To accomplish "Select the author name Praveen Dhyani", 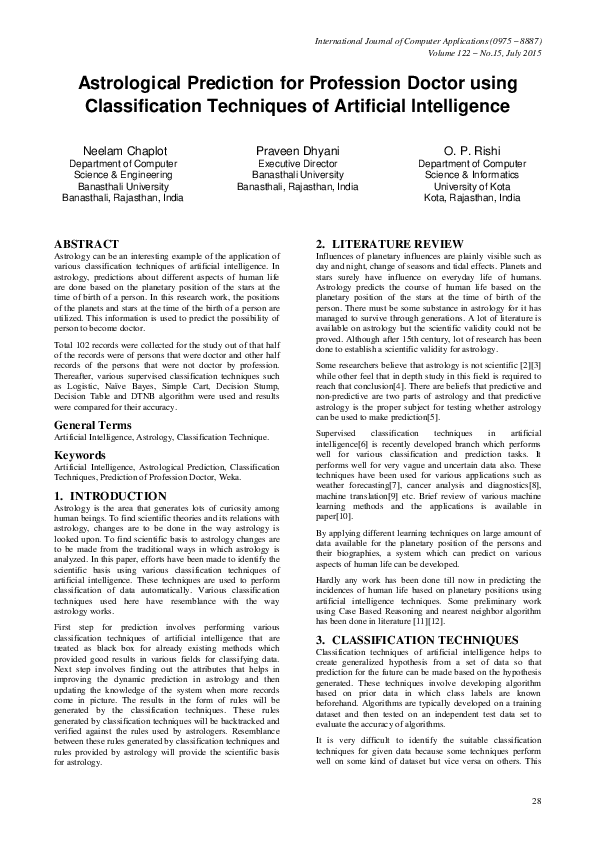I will coord(298,150).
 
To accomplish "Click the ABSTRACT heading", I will coord(86,244).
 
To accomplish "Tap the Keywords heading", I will coord(82,454).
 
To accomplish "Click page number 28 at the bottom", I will coord(537,802).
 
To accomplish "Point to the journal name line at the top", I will coord(428,41).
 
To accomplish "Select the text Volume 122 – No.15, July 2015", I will coord(470,53).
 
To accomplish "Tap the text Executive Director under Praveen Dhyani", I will coord(298,163).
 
